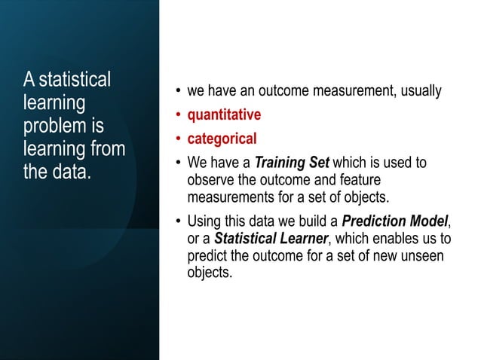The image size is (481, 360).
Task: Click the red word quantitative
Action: point(224,115)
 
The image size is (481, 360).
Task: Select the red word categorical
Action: point(222,139)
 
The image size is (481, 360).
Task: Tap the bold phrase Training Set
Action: point(292,163)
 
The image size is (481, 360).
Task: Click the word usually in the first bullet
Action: point(418,92)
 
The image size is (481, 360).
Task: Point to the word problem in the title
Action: point(52,124)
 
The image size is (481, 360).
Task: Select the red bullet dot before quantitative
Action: point(178,116)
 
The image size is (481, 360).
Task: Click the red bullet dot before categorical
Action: point(178,139)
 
